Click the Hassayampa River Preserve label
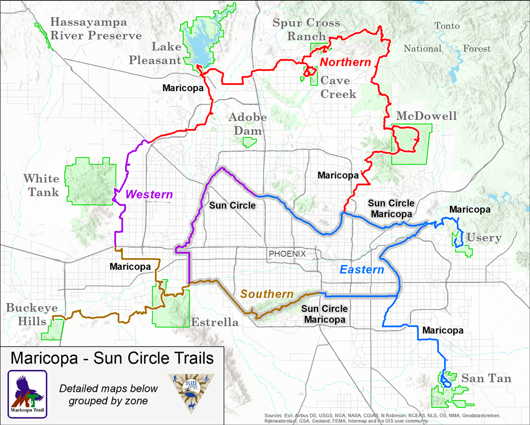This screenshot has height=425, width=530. [x=96, y=29]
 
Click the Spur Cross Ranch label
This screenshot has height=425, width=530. [x=306, y=29]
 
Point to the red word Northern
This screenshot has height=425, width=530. [x=346, y=62]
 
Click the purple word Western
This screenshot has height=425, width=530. [x=149, y=195]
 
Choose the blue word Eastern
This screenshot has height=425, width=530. [x=362, y=270]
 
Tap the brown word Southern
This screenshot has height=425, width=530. [x=267, y=294]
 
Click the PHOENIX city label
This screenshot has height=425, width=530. [x=287, y=254]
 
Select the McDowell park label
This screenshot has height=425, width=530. [x=427, y=116]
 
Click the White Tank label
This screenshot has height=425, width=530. [x=42, y=185]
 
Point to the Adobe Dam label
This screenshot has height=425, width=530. [x=246, y=124]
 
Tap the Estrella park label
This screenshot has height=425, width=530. [x=215, y=323]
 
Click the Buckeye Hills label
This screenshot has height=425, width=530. [x=32, y=315]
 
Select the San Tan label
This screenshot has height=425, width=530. [x=486, y=379]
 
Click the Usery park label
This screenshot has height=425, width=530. [x=484, y=237]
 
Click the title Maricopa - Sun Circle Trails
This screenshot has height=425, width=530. [x=112, y=357]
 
